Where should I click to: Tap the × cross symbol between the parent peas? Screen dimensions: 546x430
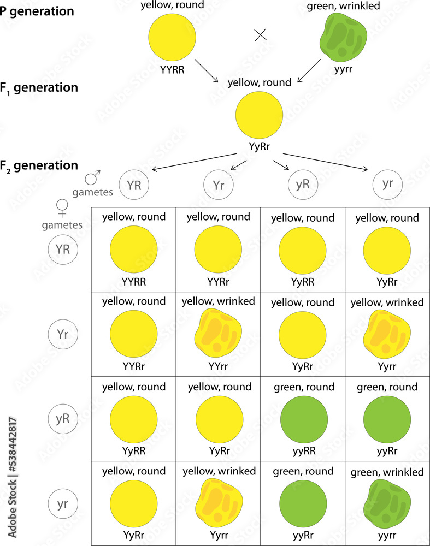coord(261,35)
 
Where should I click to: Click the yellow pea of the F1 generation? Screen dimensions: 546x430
coord(259,114)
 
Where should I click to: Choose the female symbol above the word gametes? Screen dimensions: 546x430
coord(62,209)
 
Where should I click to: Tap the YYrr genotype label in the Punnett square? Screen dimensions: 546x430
coord(218,367)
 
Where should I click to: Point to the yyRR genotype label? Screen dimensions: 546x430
coord(303,452)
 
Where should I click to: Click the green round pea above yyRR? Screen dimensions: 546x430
coord(303,419)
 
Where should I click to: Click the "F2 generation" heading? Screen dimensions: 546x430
coord(39,165)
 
